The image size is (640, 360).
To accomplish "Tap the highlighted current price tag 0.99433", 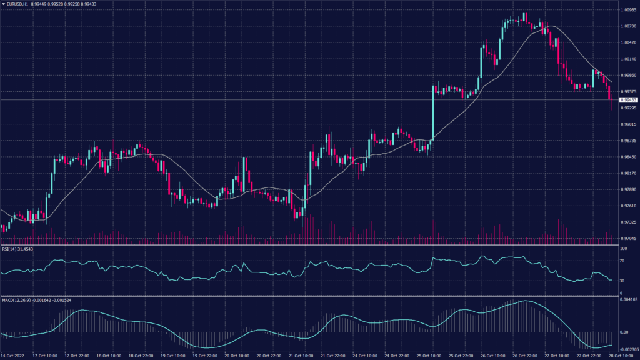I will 627,99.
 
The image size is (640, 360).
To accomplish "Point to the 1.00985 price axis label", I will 628,10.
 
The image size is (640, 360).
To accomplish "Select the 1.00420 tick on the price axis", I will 628,42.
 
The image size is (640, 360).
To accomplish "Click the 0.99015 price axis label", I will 628,124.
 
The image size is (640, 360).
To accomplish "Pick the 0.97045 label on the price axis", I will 628,238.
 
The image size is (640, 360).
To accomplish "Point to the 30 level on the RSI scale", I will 622,281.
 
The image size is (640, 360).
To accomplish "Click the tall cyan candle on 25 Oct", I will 433,112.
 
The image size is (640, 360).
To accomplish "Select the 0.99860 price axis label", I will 628,75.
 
